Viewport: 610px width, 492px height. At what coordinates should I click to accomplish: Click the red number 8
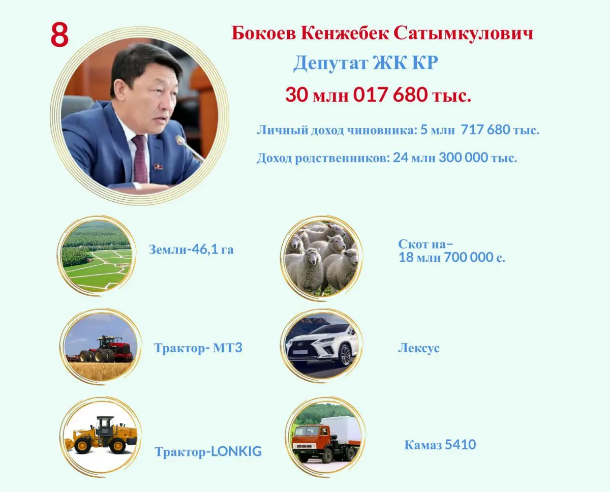(x=60, y=35)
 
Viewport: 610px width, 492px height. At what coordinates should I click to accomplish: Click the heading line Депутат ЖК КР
(x=365, y=63)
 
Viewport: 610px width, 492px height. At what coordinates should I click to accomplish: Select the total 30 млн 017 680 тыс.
(x=378, y=95)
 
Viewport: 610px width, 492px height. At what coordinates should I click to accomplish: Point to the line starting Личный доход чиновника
(x=398, y=130)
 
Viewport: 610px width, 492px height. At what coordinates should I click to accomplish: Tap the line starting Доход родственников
(x=387, y=158)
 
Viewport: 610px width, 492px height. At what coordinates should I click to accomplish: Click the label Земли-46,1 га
(x=191, y=250)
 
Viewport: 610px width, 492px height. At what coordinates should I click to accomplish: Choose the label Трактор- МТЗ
(x=198, y=348)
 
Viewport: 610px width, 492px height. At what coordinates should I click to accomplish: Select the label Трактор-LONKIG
(x=208, y=451)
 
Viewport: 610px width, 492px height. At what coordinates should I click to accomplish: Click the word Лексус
(x=419, y=348)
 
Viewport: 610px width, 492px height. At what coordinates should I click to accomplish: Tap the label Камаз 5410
(x=440, y=445)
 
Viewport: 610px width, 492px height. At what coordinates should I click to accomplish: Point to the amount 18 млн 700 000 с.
(x=452, y=257)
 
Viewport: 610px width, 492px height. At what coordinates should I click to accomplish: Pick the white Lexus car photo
(x=322, y=346)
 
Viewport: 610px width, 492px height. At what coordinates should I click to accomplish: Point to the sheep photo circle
(x=322, y=257)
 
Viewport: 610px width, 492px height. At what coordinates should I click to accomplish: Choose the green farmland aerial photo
(x=97, y=256)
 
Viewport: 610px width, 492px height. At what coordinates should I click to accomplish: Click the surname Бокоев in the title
(x=264, y=33)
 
